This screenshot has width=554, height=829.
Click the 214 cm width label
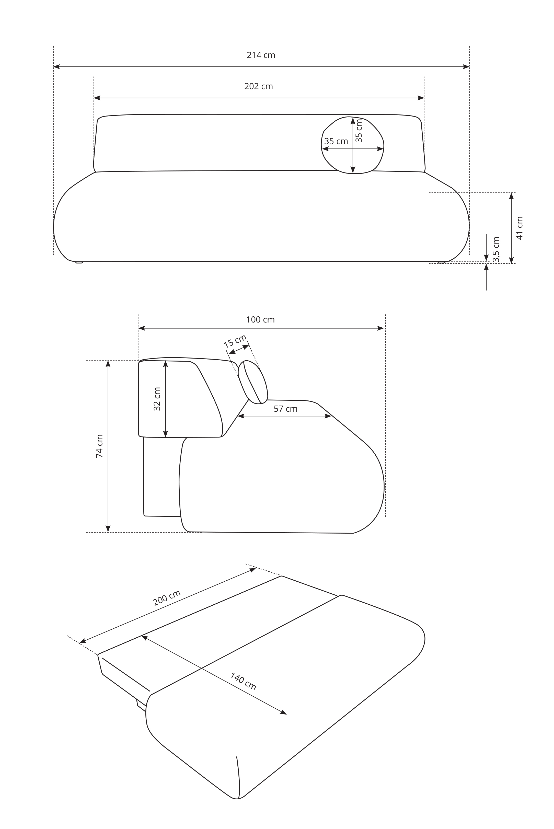coord(261,55)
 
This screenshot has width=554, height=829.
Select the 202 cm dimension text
coord(259,86)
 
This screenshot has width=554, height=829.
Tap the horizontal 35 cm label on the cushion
coord(336,141)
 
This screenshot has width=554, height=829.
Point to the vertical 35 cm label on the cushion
coord(359,131)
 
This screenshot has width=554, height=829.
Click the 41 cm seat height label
coord(519,228)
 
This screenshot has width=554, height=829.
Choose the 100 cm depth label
coord(260,319)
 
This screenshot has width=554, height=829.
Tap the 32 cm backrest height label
coord(157,399)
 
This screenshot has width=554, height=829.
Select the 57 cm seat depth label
coord(285,409)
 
